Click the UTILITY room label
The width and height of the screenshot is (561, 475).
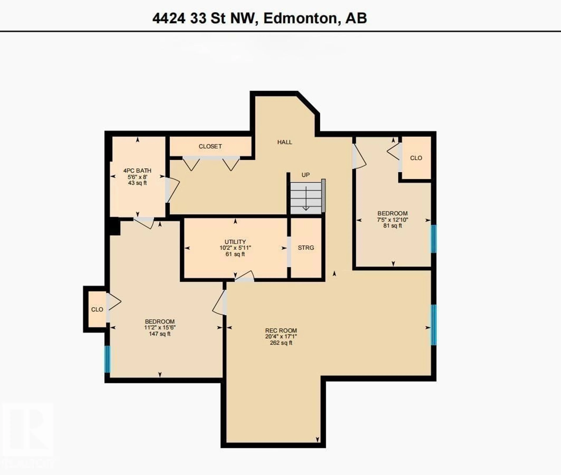click(x=235, y=242)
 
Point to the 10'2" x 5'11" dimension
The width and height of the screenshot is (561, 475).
click(x=235, y=248)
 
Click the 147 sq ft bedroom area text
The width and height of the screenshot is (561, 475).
click(x=160, y=334)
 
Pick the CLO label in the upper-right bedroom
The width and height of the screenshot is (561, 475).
click(x=416, y=158)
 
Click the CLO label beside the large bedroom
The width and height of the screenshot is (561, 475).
click(x=97, y=309)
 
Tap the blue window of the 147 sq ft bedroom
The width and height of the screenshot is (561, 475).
click(x=107, y=359)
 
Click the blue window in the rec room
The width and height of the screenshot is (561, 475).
click(x=433, y=325)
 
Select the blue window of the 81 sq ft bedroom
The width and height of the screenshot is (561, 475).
click(x=433, y=239)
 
